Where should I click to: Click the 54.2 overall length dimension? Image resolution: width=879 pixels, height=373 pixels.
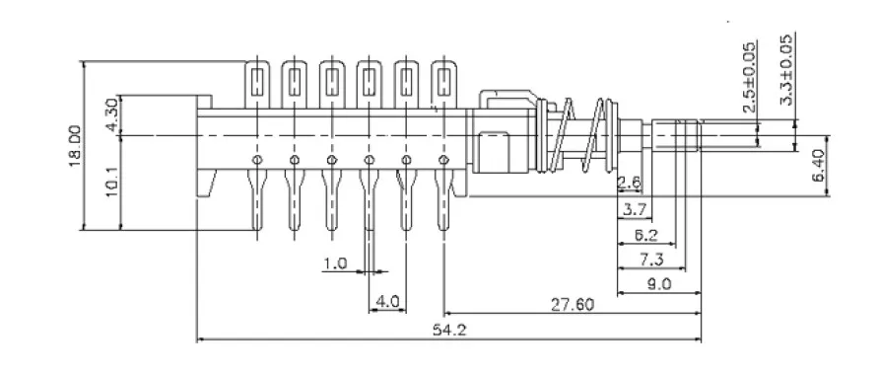point(449,330)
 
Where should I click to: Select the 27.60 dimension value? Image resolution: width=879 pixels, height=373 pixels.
point(572,305)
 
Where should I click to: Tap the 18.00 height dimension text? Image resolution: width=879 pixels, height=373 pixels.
point(75,145)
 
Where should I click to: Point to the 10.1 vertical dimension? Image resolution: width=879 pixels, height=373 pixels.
point(112,181)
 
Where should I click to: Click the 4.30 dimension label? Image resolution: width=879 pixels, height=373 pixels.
point(112,114)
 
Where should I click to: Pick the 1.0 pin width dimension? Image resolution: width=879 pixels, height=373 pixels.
point(335,262)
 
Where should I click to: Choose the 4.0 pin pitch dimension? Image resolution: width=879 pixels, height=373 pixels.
point(387,302)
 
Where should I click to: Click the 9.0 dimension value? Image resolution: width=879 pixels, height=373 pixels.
point(659,284)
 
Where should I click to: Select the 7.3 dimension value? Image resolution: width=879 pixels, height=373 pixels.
point(651,260)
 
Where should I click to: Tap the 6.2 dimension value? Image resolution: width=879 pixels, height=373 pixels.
point(646,236)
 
